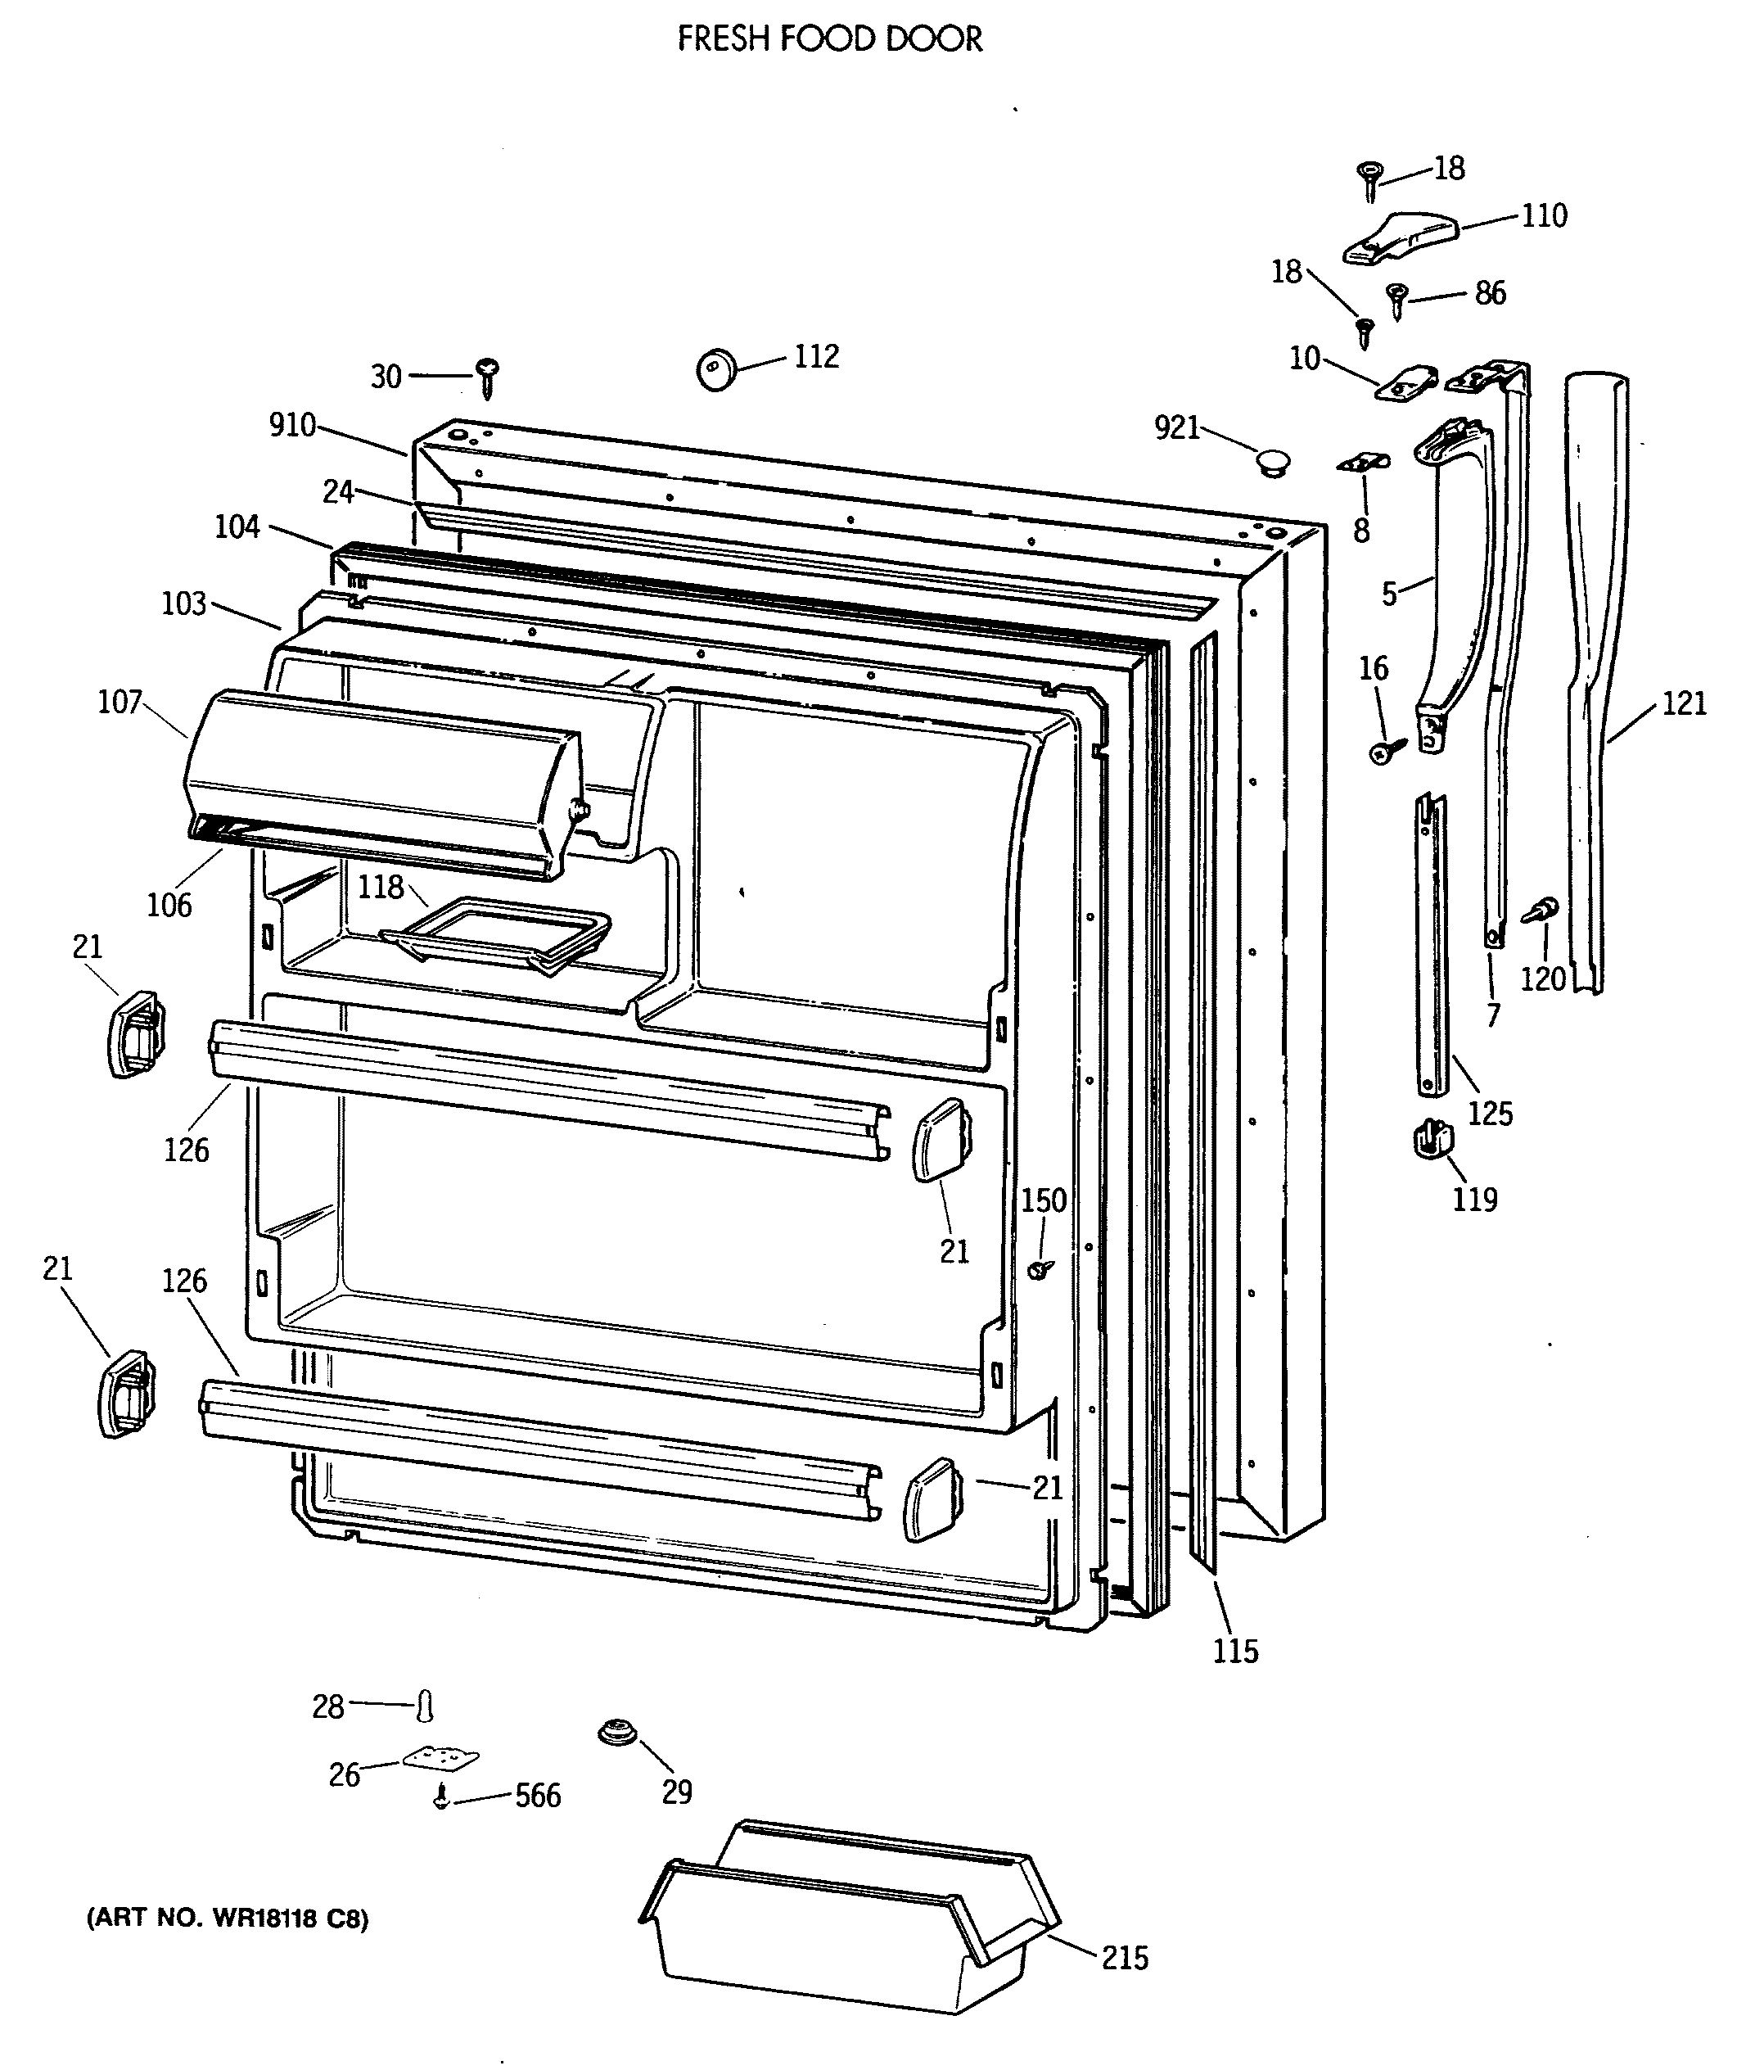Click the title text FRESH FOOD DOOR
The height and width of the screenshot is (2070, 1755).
pos(830,38)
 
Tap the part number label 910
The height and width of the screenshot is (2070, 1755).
pos(292,426)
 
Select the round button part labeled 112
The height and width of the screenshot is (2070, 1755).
pos(716,368)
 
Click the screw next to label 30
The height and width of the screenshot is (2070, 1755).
pos(488,375)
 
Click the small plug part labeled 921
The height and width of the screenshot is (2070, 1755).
pos(1270,461)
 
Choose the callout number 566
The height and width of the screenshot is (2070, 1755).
pos(537,1796)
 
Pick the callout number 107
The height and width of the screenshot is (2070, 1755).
pos(120,703)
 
